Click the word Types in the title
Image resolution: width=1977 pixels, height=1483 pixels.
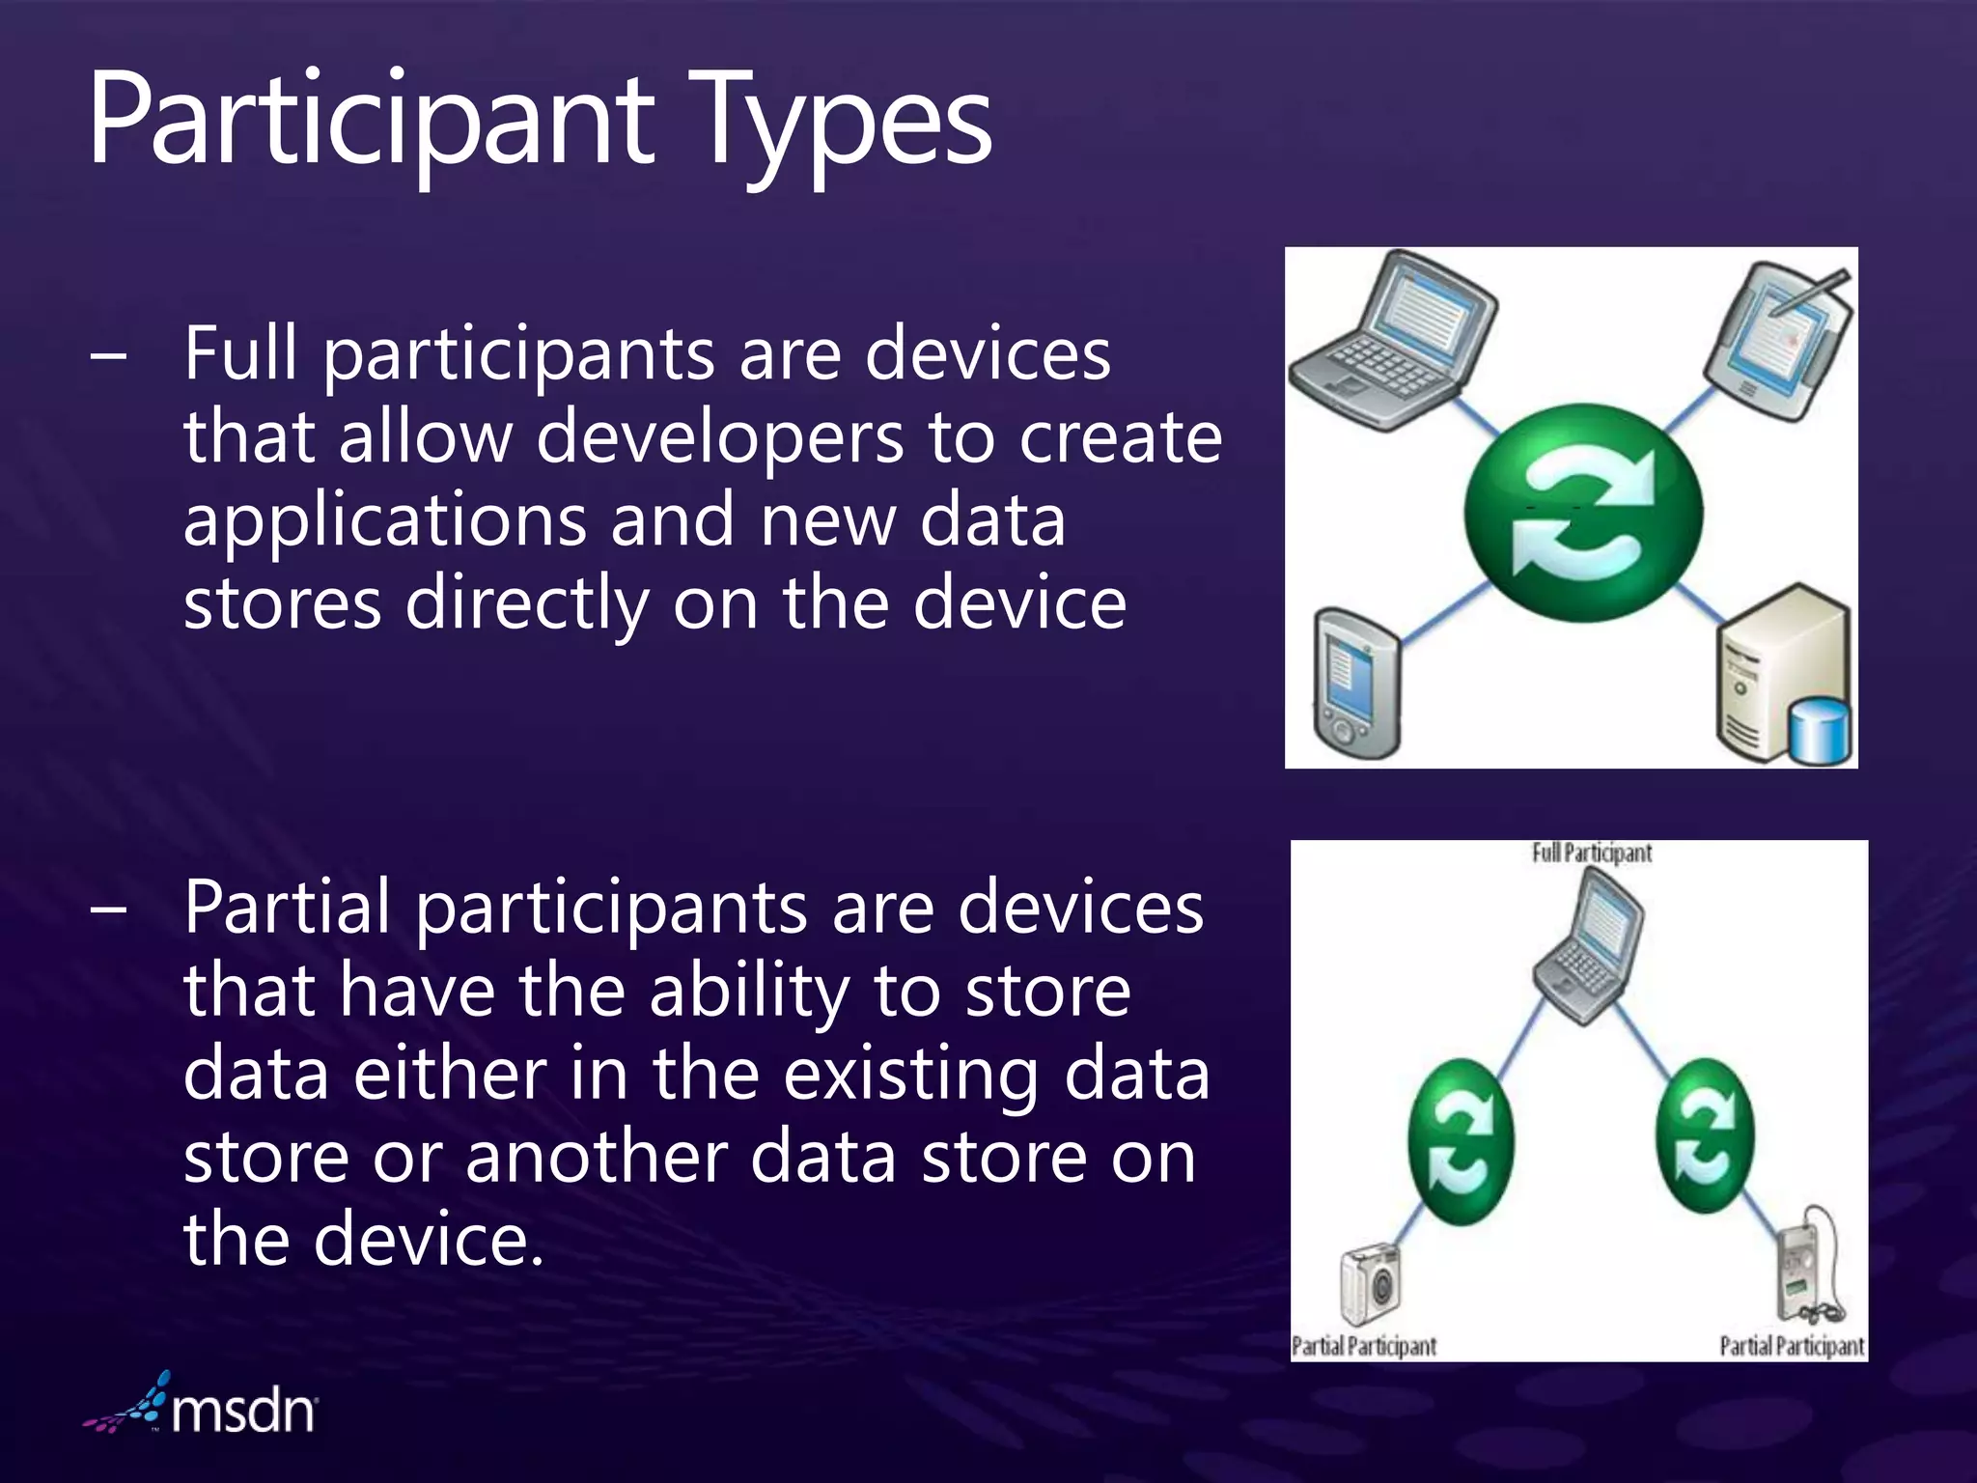tap(845, 124)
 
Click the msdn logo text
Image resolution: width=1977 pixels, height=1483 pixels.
tap(243, 1412)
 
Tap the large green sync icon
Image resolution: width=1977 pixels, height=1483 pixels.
tap(1582, 513)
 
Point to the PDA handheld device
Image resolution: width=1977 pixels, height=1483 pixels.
tap(1357, 683)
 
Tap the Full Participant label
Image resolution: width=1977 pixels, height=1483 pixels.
tap(1591, 853)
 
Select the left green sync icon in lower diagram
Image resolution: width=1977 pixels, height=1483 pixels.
tap(1460, 1141)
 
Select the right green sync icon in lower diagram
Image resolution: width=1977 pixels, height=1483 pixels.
tap(1705, 1135)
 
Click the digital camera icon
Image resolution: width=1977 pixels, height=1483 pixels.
tap(1371, 1285)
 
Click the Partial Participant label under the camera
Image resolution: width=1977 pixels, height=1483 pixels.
tap(1364, 1346)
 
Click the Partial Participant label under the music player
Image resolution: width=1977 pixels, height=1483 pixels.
tap(1792, 1346)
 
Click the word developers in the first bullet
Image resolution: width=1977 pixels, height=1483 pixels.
tap(719, 437)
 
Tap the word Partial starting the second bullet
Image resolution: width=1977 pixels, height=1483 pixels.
tap(288, 908)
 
